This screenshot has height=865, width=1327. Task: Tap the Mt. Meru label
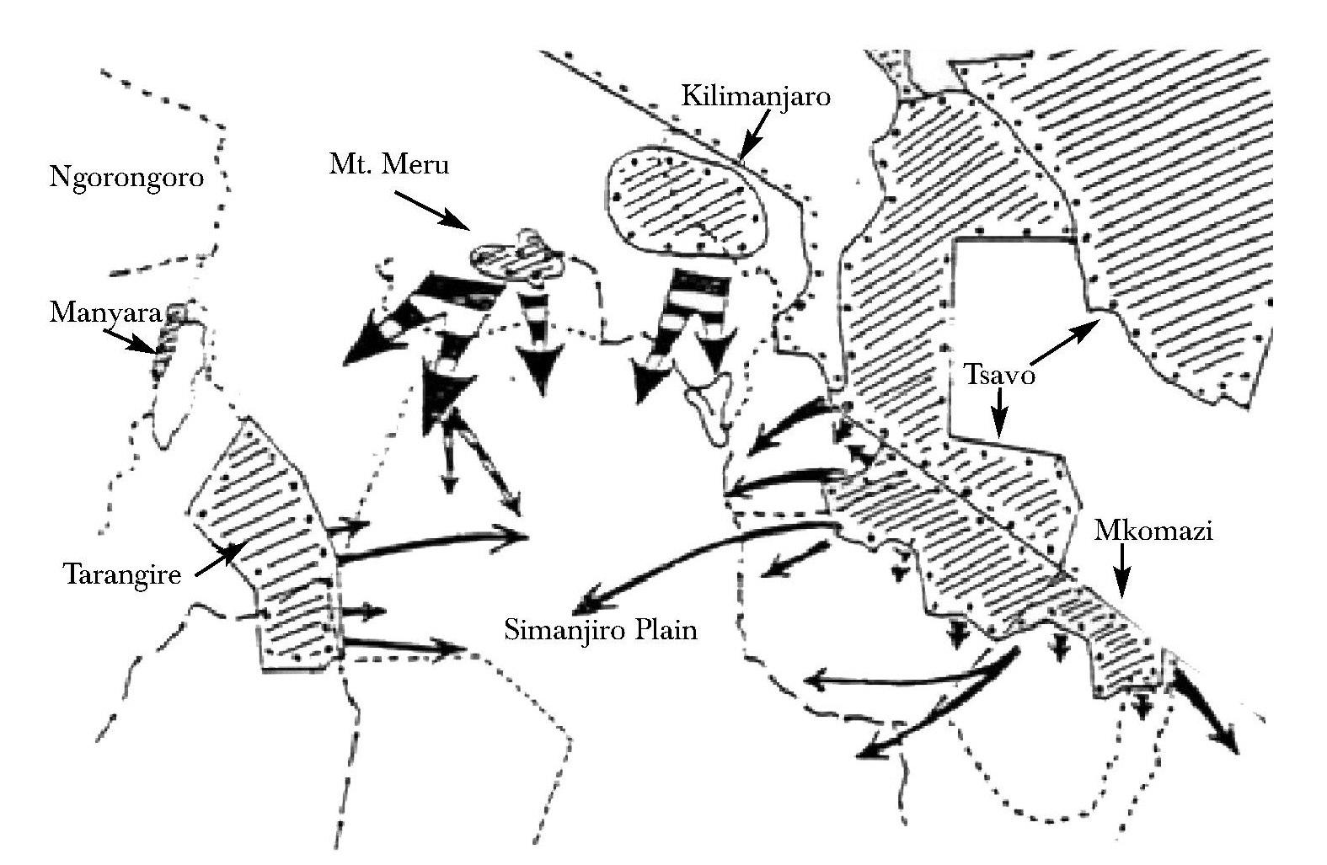point(388,164)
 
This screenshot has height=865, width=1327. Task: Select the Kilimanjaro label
point(756,97)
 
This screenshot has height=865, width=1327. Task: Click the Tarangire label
point(122,574)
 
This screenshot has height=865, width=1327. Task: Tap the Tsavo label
point(1000,374)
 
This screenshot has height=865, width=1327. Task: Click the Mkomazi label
point(1153,531)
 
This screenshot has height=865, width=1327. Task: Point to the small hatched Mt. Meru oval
point(516,258)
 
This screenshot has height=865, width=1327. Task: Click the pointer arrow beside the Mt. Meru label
point(432,211)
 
